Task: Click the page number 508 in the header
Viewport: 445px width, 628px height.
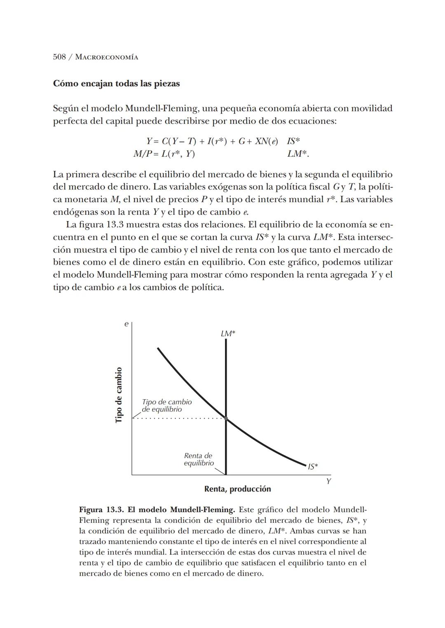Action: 59,57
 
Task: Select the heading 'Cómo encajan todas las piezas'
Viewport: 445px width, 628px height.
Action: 116,84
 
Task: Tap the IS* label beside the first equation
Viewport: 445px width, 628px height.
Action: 293,141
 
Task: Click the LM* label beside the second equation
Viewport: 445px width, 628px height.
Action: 297,154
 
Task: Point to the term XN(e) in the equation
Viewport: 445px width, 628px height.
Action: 266,141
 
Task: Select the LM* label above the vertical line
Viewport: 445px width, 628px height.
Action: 228,334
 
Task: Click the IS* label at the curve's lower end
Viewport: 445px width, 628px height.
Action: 313,466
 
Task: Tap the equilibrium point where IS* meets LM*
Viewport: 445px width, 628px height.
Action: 226,419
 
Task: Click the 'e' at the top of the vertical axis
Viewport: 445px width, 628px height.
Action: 126,324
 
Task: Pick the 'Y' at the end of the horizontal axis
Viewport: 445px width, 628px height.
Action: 328,481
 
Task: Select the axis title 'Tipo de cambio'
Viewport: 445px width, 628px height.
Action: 119,395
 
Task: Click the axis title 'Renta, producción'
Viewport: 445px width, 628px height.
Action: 237,489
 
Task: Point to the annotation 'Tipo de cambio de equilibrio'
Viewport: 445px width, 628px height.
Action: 166,405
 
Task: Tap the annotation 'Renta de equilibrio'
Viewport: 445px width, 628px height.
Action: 199,459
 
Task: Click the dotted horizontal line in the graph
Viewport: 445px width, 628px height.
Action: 177,419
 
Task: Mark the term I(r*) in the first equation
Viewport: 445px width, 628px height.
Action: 216,141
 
